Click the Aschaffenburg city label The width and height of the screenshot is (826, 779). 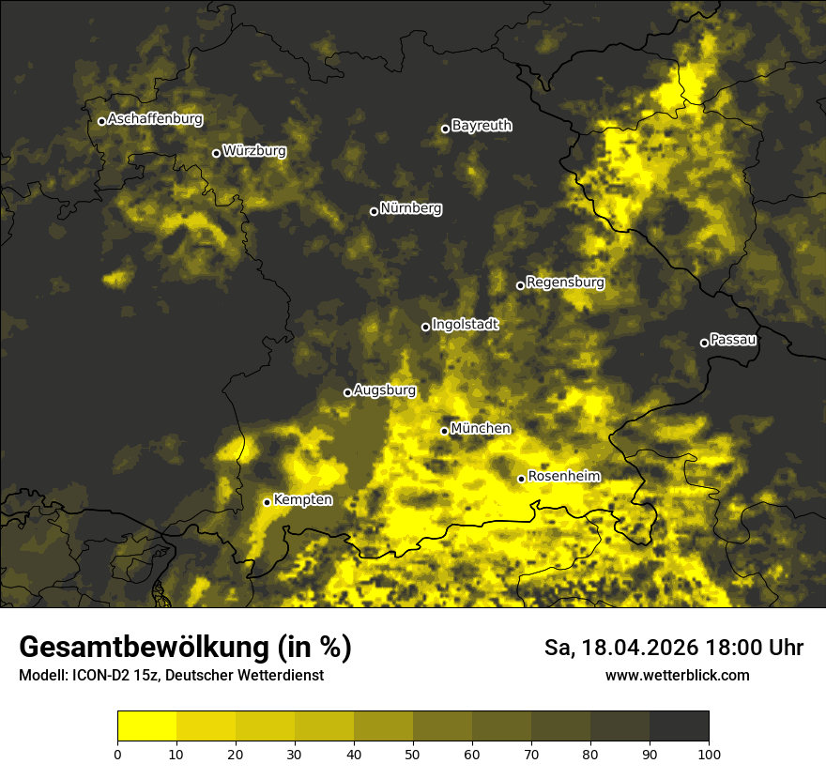[x=155, y=119]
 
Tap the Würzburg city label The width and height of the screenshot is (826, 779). [x=254, y=150]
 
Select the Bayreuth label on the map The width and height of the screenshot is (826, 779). [x=482, y=126]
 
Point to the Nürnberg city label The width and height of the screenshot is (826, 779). [x=410, y=208]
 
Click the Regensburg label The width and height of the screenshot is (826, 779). [x=565, y=283]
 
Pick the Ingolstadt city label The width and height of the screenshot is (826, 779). [x=466, y=325]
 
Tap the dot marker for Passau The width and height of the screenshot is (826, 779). [x=704, y=343]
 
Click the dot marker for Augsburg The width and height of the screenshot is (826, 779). [x=347, y=393]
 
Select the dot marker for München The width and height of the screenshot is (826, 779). [x=445, y=432]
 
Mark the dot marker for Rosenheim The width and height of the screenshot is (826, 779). [x=521, y=480]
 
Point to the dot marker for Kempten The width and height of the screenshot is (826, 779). [x=267, y=502]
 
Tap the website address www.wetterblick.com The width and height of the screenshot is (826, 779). [x=677, y=675]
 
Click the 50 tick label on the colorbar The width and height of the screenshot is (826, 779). [x=413, y=754]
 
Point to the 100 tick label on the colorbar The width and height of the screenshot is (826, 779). [x=709, y=754]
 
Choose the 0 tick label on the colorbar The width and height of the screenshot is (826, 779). [x=117, y=754]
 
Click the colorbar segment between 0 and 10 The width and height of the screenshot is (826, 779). [x=147, y=726]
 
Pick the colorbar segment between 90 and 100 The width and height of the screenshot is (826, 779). [x=679, y=726]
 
